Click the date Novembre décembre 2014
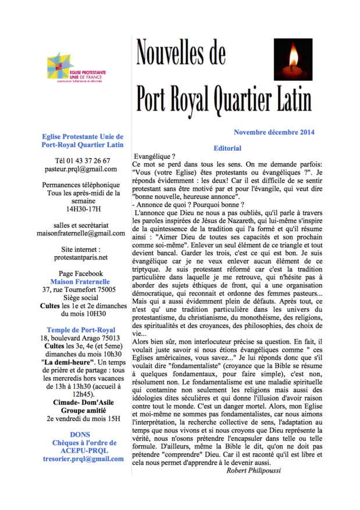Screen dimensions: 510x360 pyautogui.click(x=274, y=132)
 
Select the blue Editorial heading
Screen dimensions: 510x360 pyautogui.click(x=227, y=148)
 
